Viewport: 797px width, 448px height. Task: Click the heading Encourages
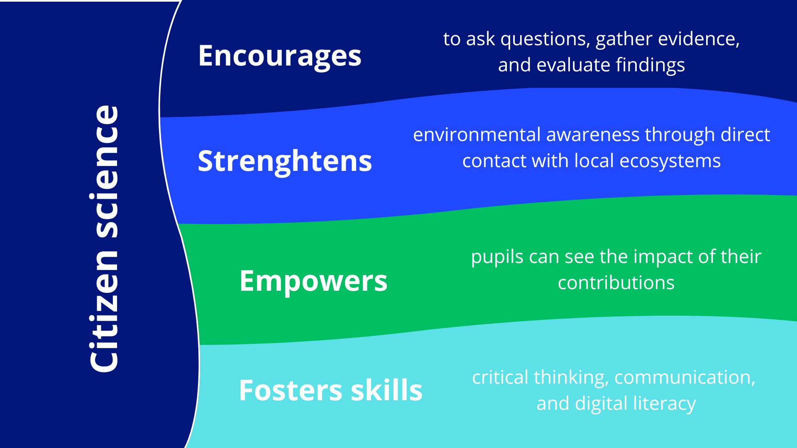[x=280, y=56]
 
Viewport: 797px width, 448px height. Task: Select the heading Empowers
[x=313, y=281]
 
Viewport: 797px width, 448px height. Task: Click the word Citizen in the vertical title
[x=104, y=312]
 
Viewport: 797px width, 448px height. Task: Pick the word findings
[x=650, y=66]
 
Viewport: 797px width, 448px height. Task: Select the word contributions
[x=616, y=283]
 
